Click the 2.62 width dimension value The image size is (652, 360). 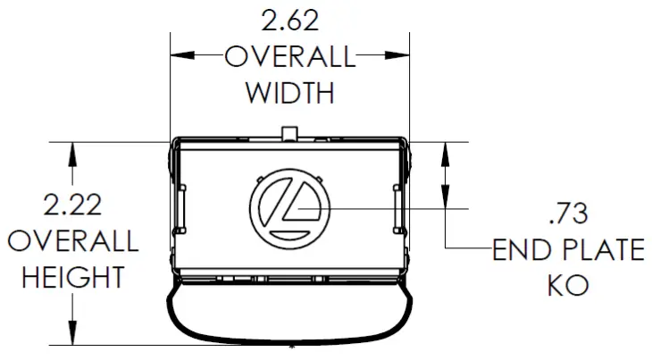(288, 19)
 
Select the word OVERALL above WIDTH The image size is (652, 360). (288, 57)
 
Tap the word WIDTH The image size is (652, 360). (288, 92)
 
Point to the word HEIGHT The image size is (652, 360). (71, 278)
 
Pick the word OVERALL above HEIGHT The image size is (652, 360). (71, 241)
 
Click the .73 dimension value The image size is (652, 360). (568, 213)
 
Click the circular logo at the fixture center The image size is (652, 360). (289, 207)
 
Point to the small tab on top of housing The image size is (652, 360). (288, 133)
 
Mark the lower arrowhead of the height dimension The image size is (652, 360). (71, 334)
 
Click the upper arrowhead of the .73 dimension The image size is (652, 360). (444, 153)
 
